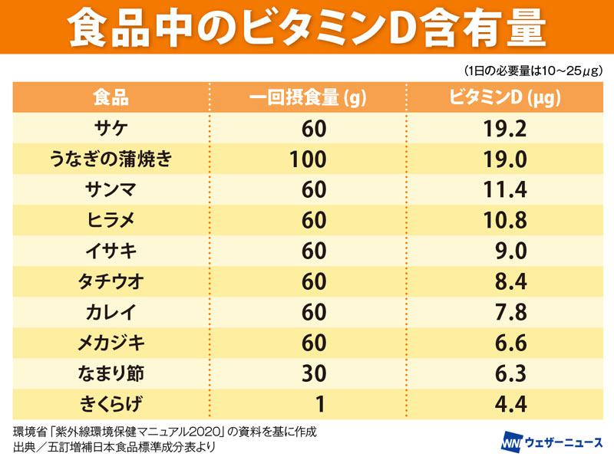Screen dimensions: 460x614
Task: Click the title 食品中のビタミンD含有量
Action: tap(307, 28)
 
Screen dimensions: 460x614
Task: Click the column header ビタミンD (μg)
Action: tap(504, 98)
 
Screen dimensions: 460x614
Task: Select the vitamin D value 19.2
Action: tap(504, 129)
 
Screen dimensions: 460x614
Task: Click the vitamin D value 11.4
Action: tap(504, 190)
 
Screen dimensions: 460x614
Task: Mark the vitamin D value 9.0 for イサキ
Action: tap(510, 251)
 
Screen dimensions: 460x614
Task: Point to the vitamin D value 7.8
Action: tap(510, 313)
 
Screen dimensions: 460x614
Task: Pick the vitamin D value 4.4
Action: tap(510, 405)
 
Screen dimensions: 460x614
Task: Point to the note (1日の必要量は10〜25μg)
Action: tap(532, 71)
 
